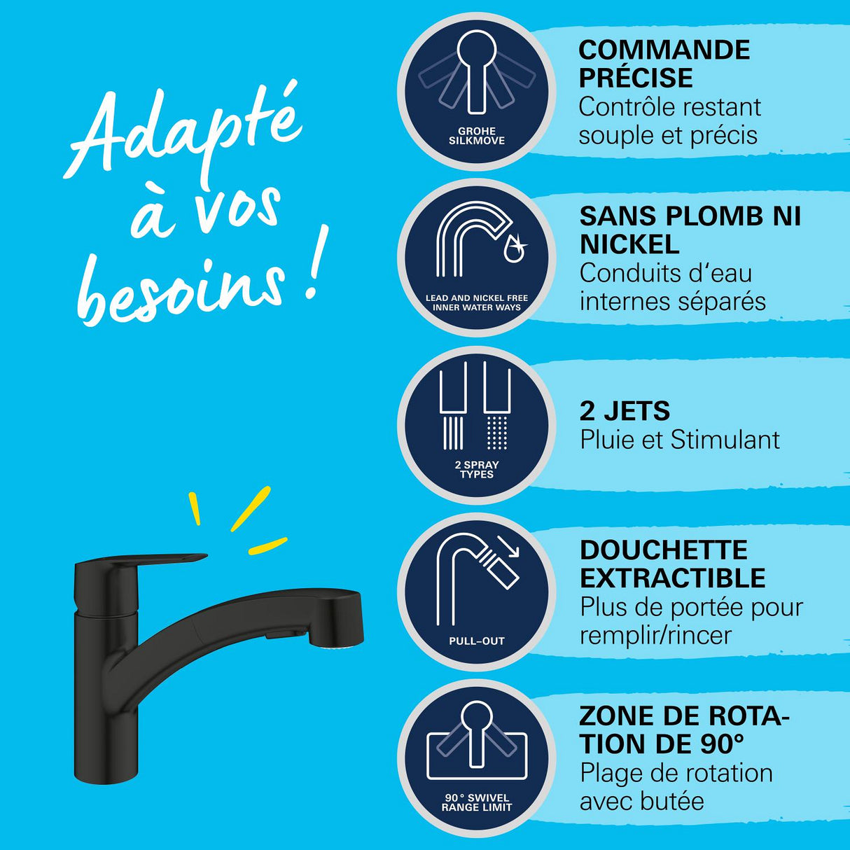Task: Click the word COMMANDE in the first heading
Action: coord(664,50)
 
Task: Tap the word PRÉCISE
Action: coord(636,78)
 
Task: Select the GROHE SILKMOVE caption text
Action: coord(477,136)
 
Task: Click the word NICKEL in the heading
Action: coord(629,244)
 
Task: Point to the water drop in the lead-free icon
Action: coord(514,248)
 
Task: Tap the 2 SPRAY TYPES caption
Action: coord(477,469)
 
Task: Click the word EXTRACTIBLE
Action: coord(673,578)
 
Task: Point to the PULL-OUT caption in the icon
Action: coord(477,641)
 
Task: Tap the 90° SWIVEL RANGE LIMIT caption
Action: coord(477,802)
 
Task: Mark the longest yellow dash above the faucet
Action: coord(250,509)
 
